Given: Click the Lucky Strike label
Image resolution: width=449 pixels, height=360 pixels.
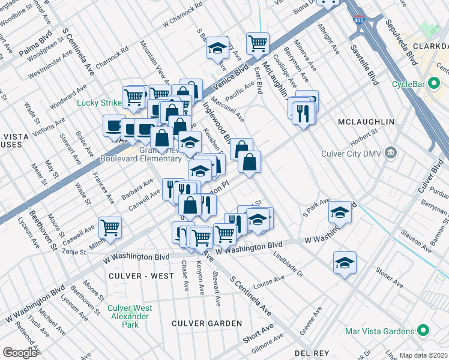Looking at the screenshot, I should pos(99,103).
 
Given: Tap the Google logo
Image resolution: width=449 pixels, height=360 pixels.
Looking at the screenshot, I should pos(20,352).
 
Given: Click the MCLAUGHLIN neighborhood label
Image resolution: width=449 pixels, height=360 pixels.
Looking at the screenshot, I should pos(366,122).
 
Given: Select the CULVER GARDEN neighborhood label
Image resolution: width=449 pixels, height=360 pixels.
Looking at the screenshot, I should pos(206,323).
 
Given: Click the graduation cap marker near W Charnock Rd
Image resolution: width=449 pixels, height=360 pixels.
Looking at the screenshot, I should pos(217,47).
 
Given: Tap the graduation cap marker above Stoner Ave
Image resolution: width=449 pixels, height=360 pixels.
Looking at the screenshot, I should pos(345,262).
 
